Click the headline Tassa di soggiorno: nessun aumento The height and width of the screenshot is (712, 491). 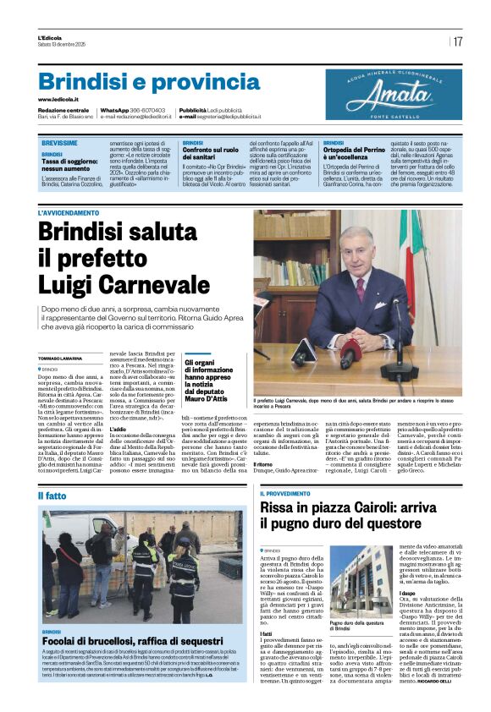point(76,165)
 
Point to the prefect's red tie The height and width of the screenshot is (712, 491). point(359,290)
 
